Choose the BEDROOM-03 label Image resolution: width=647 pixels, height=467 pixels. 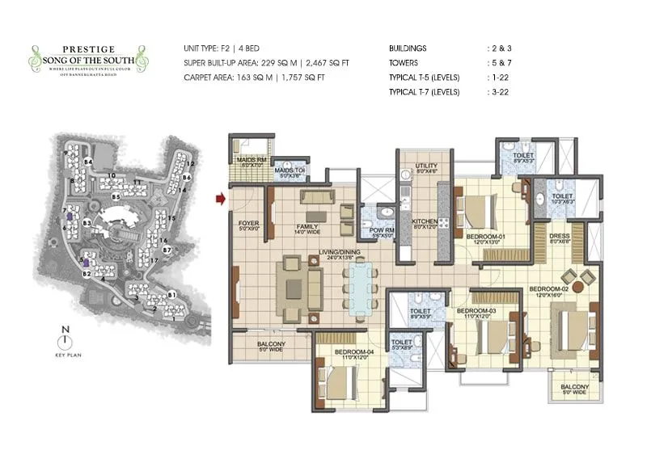click(475, 310)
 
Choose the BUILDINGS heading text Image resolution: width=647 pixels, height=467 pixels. click(408, 48)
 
